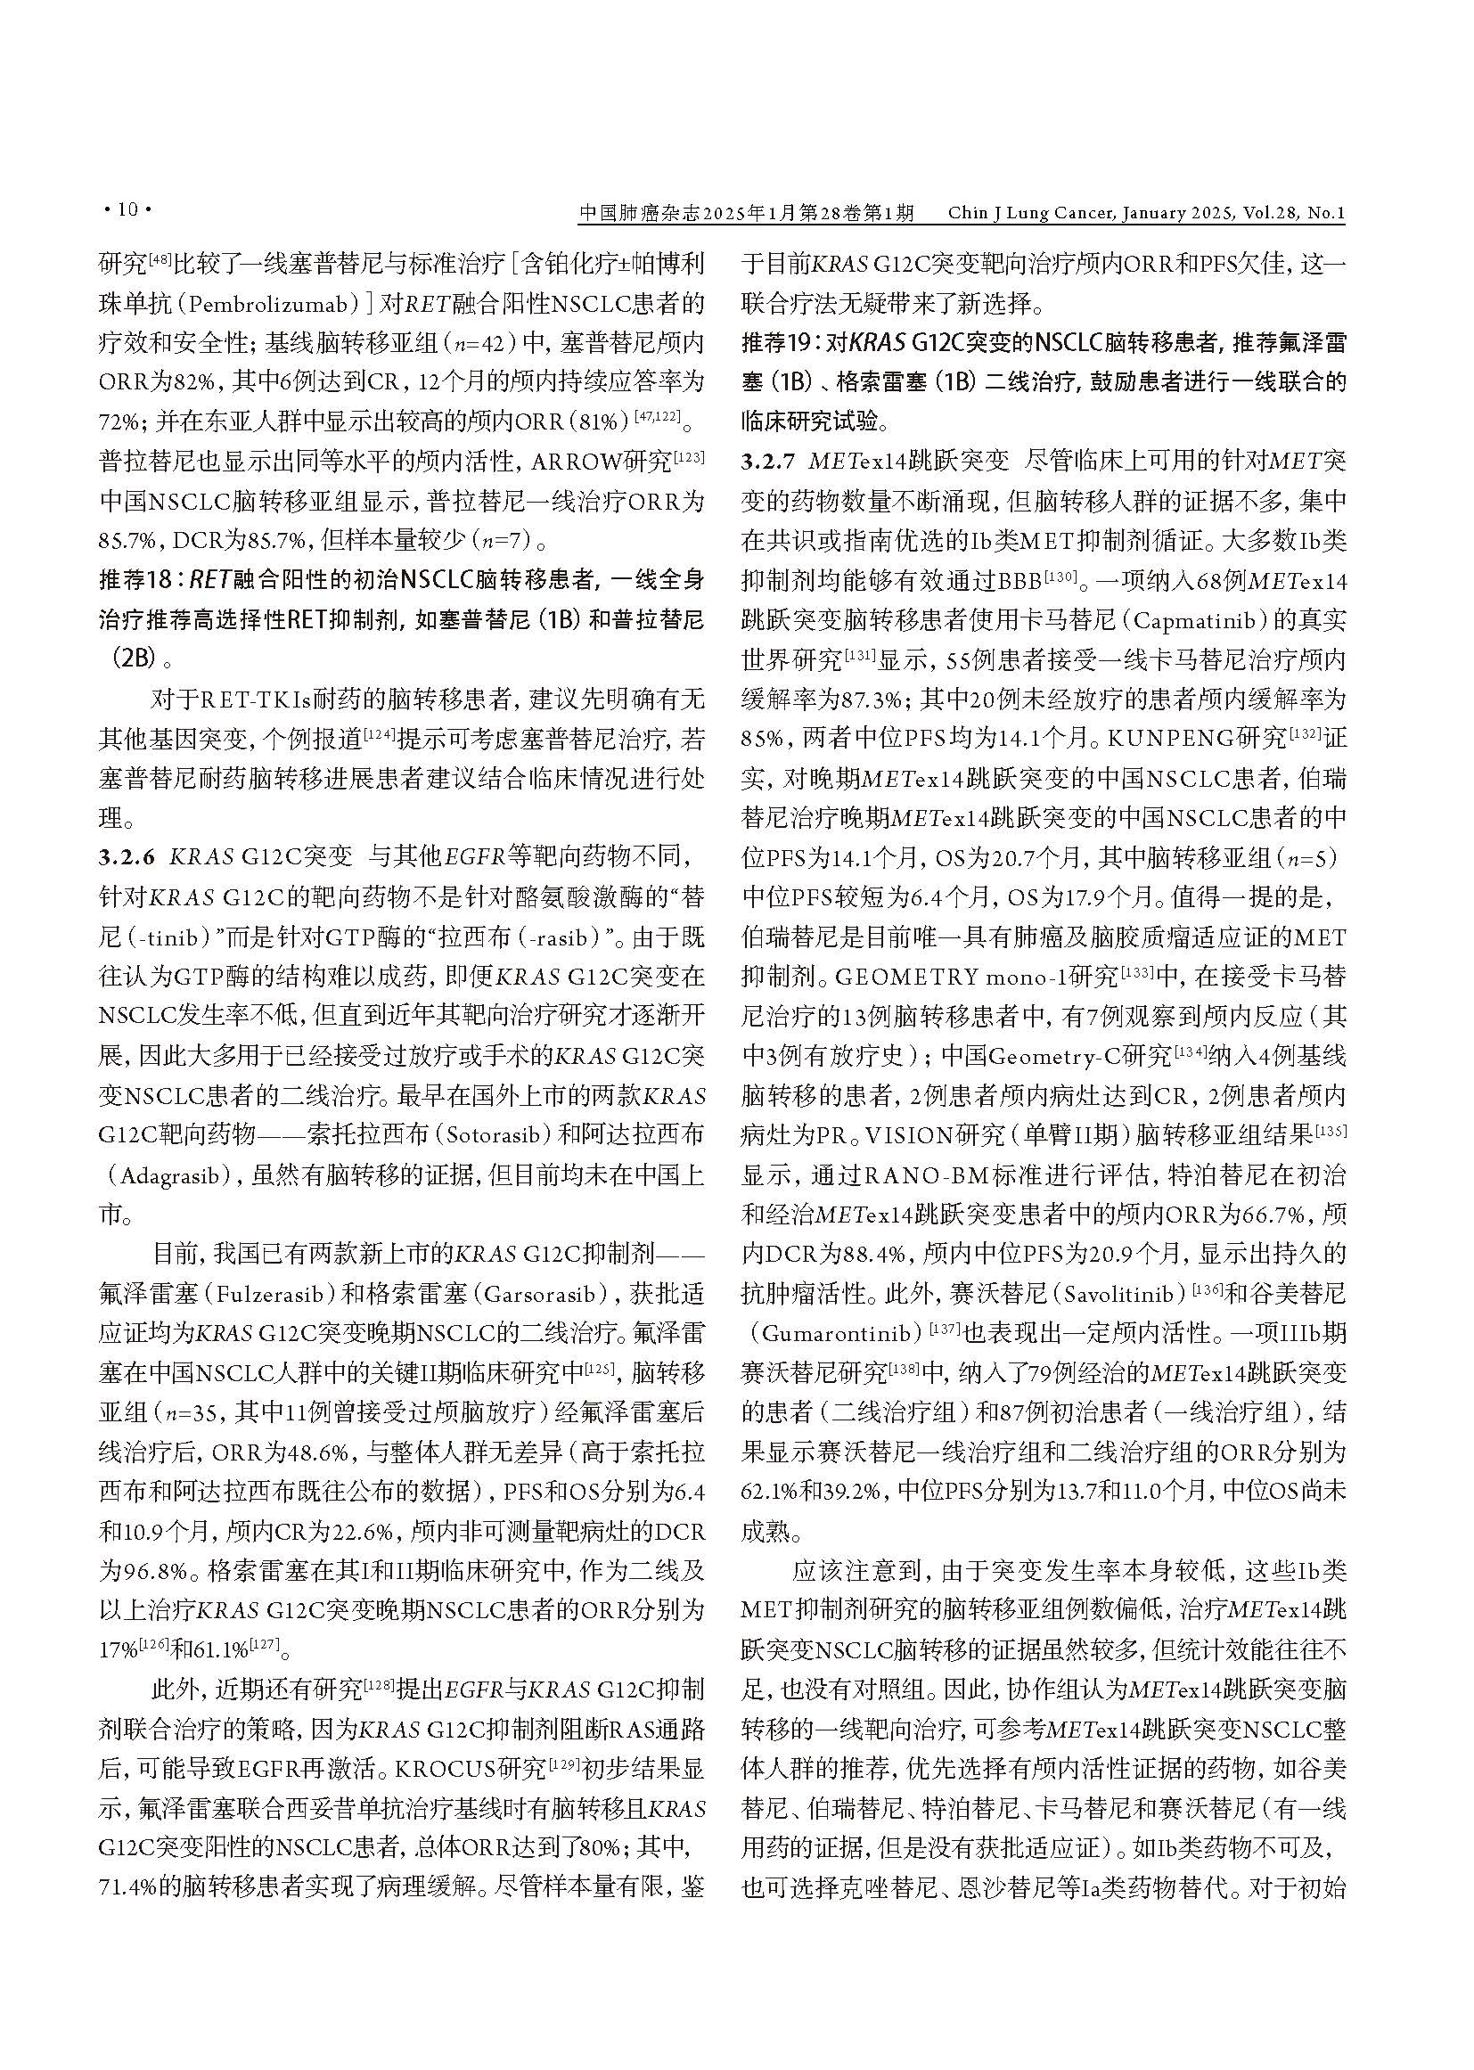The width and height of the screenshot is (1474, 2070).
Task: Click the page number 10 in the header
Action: click(127, 210)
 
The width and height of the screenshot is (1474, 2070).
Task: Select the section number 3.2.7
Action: click(770, 461)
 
